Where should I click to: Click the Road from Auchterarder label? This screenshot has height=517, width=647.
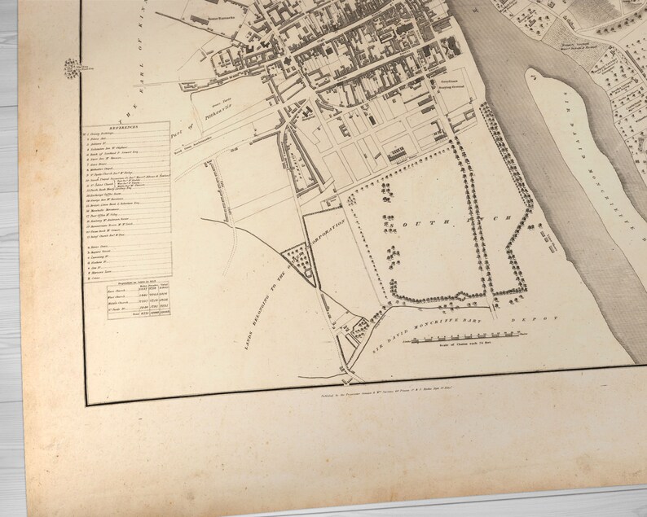coord(194,147)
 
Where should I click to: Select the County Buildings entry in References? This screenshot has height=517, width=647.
coord(110,134)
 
